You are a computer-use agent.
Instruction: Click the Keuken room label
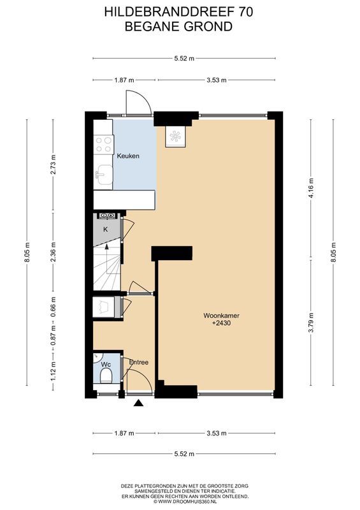127,156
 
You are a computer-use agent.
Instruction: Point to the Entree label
138,362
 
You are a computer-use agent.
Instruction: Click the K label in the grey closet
105,229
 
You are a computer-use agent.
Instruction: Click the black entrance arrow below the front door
138,402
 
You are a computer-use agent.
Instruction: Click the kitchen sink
103,173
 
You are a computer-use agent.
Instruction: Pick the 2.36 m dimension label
54,247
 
